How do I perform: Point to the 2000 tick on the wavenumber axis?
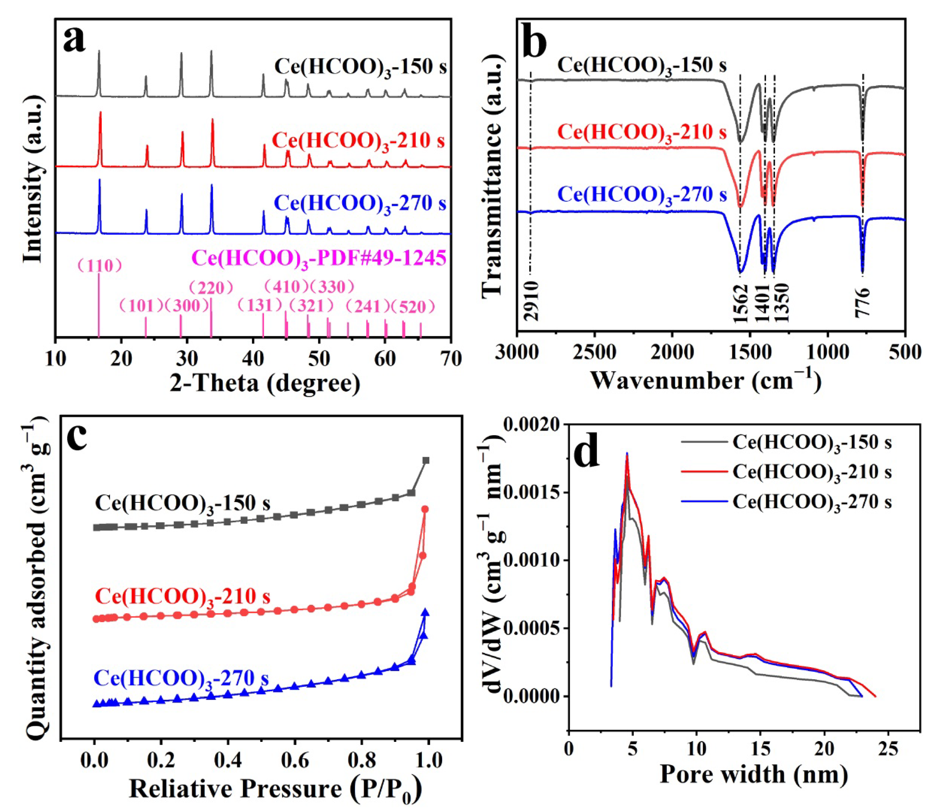click(x=672, y=352)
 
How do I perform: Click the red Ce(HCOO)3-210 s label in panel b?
click(x=642, y=132)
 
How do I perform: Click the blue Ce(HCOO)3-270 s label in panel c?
click(x=181, y=679)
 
